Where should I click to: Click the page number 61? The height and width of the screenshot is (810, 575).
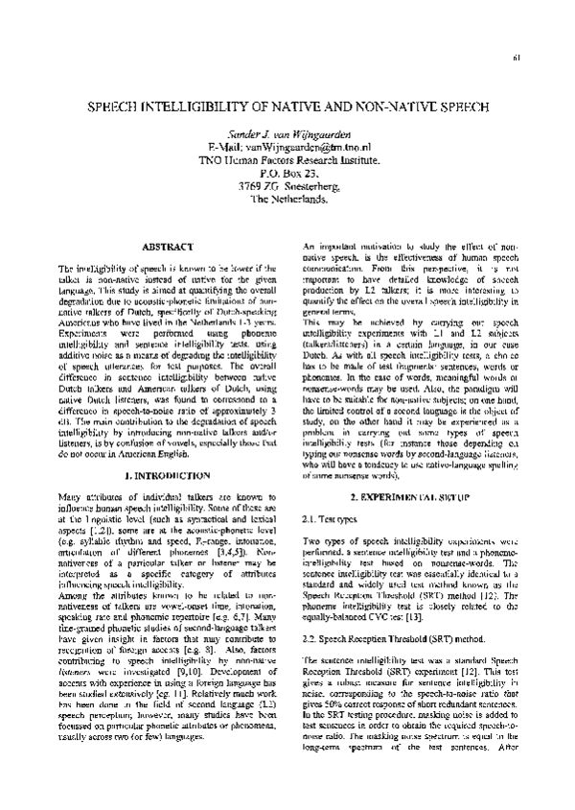tap(516, 57)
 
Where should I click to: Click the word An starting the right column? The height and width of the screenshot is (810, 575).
tap(310, 247)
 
